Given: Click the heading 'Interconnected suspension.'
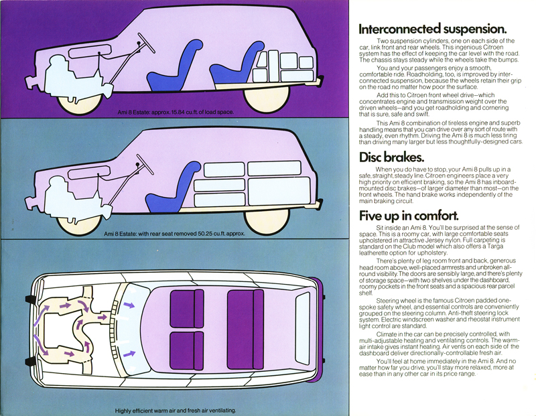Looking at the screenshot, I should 432,29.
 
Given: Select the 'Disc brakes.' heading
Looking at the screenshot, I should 392,158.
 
